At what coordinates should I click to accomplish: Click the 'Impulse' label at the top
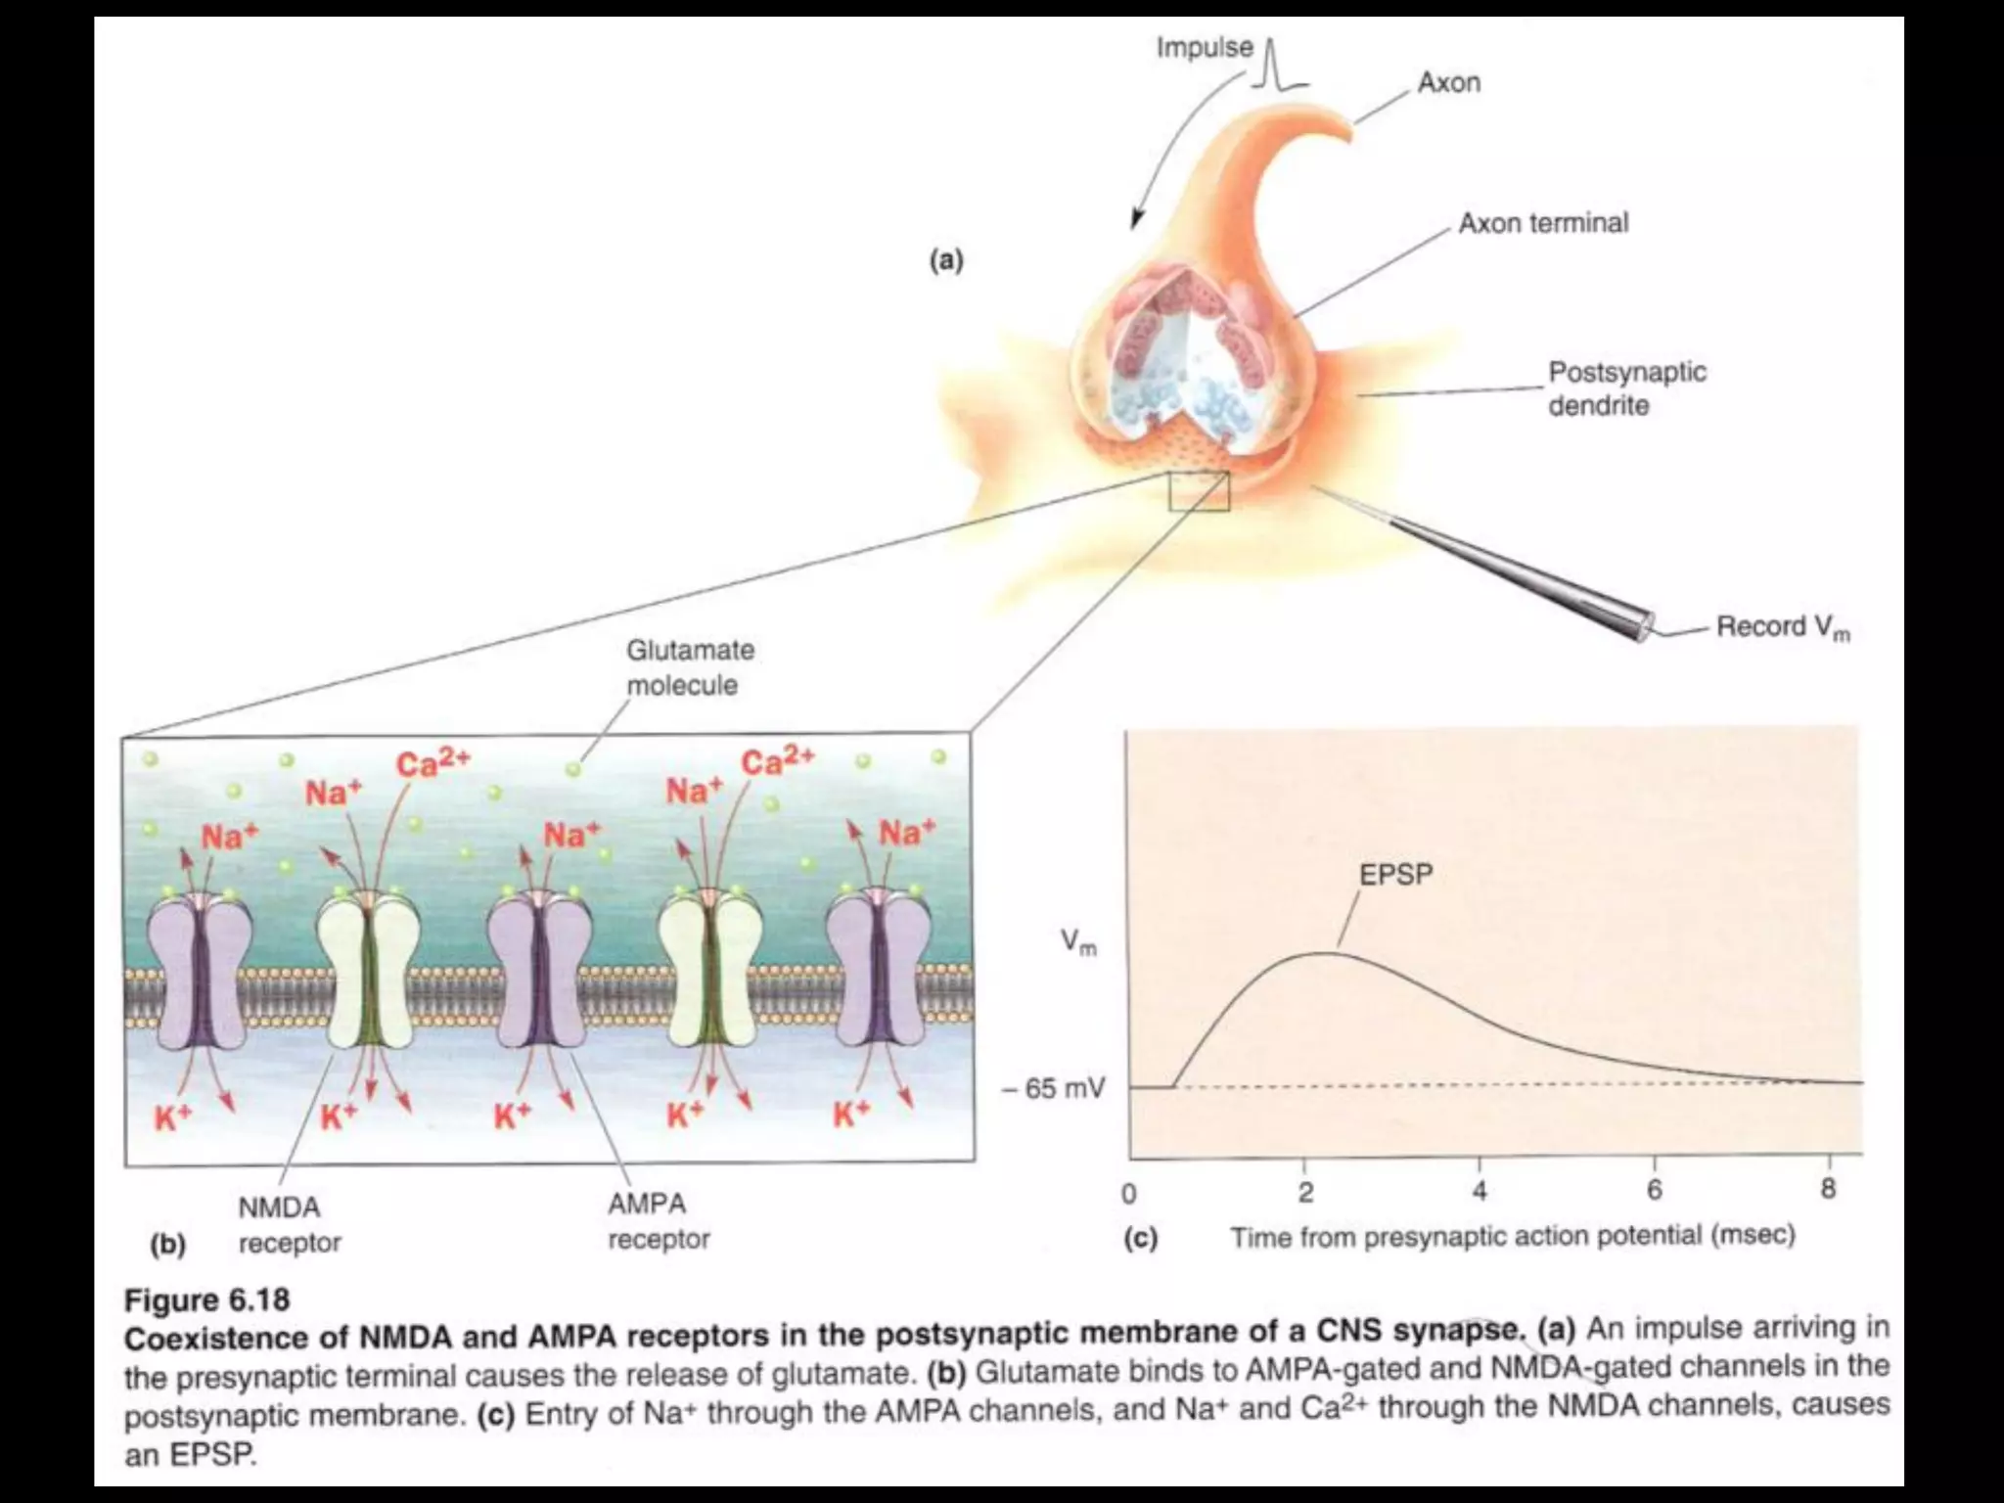tap(1204, 47)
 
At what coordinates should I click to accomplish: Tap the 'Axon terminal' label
tap(1543, 223)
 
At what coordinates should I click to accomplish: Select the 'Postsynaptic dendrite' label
tap(1626, 388)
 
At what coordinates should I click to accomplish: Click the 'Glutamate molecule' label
tap(690, 667)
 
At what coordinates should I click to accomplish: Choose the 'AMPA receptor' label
tap(658, 1221)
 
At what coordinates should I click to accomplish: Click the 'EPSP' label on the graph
tap(1395, 875)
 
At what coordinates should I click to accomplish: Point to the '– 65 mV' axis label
tap(1054, 1088)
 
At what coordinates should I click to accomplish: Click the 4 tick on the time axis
tap(1480, 1191)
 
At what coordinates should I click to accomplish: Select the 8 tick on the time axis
tap(1828, 1189)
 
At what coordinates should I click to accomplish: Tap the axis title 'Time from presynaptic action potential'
tap(1512, 1237)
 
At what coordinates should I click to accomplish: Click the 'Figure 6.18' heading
tap(206, 1299)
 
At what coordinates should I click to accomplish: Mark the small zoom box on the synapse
tap(1199, 491)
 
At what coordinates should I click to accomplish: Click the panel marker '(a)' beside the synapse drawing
tap(945, 260)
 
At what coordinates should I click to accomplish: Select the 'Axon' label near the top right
tap(1448, 82)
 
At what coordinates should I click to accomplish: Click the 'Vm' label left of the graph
tap(1078, 942)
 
